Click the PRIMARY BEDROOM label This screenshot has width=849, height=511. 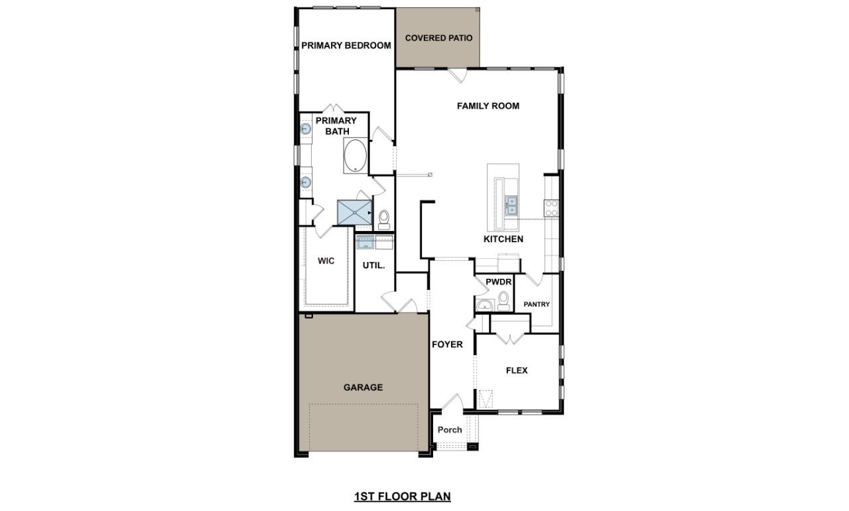[346, 46]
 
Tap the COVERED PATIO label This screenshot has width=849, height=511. [438, 38]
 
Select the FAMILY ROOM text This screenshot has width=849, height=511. [488, 106]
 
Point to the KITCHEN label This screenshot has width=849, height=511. [503, 239]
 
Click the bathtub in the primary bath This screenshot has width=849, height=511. [356, 155]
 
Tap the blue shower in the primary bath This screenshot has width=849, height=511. [355, 212]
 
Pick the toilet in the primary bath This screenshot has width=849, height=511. [384, 218]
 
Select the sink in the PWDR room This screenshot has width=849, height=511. [484, 305]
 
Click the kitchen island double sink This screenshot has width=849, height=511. [511, 204]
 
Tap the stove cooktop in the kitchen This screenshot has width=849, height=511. [551, 208]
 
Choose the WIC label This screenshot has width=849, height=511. [326, 261]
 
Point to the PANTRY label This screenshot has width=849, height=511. [537, 305]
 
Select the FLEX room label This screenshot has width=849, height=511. [517, 370]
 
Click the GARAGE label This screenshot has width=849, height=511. [363, 388]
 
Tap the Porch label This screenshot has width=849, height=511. [450, 429]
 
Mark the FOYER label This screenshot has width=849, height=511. [448, 344]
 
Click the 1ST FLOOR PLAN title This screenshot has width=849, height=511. [403, 496]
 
